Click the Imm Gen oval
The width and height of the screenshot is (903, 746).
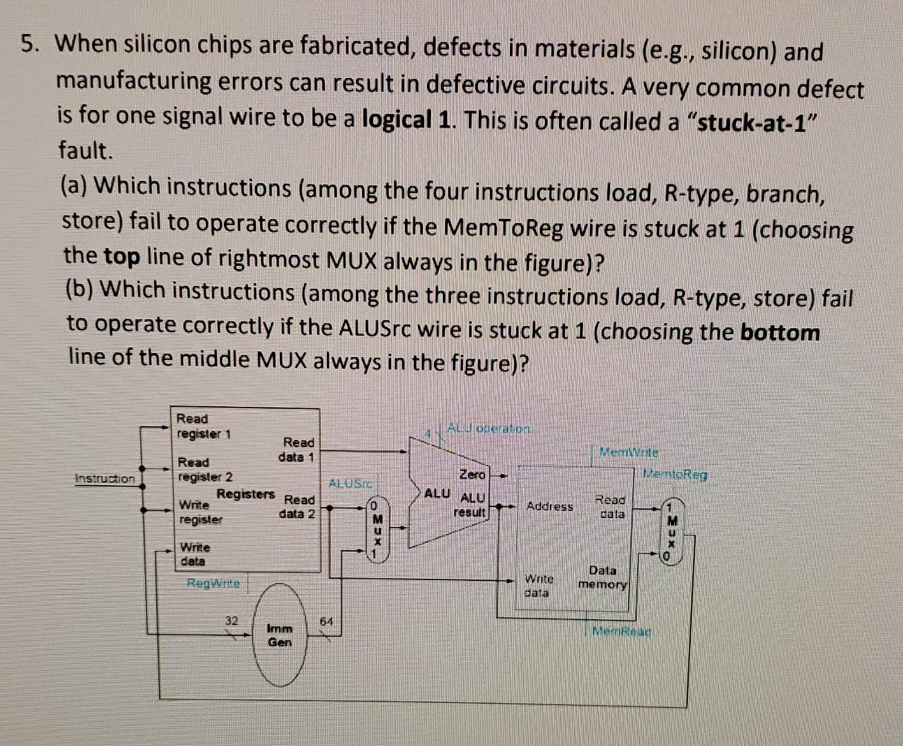pos(280,635)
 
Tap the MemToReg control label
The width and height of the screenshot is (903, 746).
pos(675,475)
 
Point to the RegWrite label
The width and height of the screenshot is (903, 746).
pos(213,583)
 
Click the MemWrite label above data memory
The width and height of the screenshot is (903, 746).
pos(629,452)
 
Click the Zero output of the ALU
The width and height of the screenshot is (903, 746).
pos(473,475)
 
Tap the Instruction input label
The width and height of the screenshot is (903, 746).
pos(105,478)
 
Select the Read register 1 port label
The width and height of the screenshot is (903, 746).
pos(203,426)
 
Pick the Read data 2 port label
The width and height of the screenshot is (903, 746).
pos(298,506)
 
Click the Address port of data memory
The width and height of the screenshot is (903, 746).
pos(550,506)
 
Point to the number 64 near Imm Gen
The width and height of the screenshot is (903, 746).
pos(327,621)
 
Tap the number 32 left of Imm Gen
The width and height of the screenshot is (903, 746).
pos(231,621)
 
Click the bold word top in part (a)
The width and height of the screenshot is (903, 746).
pos(122,257)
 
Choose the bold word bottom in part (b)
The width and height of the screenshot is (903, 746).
pos(779,332)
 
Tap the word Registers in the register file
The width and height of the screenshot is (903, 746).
pos(245,494)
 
